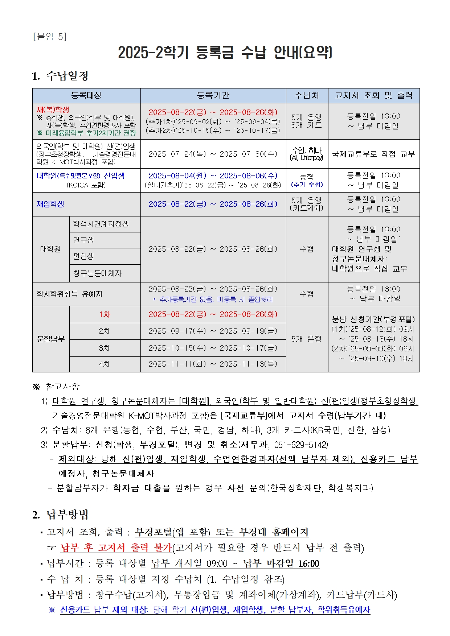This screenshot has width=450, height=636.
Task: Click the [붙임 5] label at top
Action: [x=50, y=37]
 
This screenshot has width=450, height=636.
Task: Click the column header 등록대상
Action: [x=86, y=95]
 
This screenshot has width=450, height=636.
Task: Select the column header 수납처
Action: [x=307, y=95]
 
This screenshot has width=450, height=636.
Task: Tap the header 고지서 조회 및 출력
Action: [x=373, y=95]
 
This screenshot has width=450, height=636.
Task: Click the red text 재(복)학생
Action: [x=53, y=110]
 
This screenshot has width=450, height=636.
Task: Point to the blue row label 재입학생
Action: [x=50, y=204]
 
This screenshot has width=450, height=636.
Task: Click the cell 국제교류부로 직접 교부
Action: [x=373, y=154]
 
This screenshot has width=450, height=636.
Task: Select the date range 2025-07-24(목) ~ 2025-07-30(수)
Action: [x=213, y=154]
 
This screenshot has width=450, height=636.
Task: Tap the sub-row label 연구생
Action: [x=83, y=240]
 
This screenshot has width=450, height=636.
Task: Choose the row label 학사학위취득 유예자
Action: [x=69, y=294]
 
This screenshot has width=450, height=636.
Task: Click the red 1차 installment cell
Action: [x=105, y=314]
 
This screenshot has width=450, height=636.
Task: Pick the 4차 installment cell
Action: [x=105, y=364]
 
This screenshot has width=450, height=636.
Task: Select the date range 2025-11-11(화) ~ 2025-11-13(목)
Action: [x=213, y=364]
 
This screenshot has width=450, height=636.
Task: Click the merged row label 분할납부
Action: [x=51, y=339]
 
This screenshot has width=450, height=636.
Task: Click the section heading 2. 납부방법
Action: [x=60, y=515]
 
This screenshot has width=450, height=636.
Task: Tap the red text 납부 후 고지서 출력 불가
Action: [x=116, y=548]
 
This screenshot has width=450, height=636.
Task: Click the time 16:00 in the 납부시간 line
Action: [x=308, y=564]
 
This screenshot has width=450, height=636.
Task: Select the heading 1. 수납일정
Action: [x=60, y=76]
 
